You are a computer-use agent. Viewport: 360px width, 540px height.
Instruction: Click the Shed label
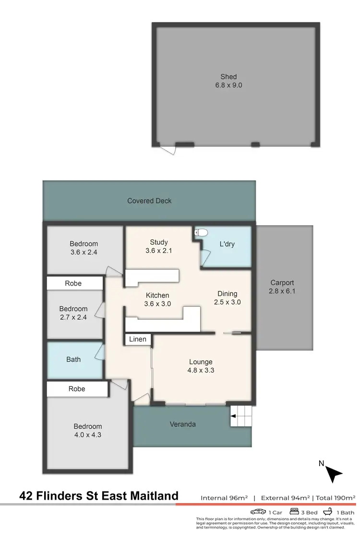(x=228, y=77)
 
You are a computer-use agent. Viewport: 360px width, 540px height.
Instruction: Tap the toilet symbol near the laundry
(x=201, y=233)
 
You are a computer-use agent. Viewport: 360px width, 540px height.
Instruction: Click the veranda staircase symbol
(x=241, y=416)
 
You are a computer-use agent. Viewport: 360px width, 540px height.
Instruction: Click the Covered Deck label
(x=149, y=201)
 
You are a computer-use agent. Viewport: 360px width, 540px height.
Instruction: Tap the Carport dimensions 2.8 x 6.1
(x=282, y=291)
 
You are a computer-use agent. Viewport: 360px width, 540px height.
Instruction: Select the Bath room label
(x=73, y=359)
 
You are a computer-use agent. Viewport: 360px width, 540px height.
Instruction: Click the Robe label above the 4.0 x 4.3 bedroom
(x=77, y=389)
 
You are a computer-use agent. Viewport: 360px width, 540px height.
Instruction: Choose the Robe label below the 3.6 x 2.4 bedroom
(x=73, y=283)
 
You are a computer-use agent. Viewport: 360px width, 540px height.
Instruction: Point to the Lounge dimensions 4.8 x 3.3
(x=201, y=370)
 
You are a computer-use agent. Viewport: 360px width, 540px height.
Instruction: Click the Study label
(x=158, y=242)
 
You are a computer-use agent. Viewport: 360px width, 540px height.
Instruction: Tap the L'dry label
(x=227, y=244)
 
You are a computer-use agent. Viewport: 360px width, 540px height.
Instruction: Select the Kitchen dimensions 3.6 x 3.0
(x=158, y=303)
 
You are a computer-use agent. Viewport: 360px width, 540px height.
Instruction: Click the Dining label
(x=227, y=294)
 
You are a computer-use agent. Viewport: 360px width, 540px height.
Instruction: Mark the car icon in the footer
(x=258, y=512)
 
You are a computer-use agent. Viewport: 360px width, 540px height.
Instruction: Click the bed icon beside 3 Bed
(x=294, y=512)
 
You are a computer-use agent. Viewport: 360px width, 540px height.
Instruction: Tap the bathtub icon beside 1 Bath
(x=329, y=512)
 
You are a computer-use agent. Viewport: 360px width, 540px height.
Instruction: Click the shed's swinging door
(x=168, y=150)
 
